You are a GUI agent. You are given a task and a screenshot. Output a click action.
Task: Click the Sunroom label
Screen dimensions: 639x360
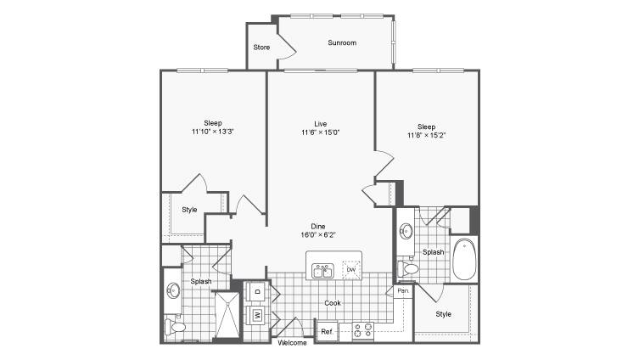coord(342,42)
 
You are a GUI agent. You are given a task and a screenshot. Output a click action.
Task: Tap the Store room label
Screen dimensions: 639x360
coord(261,48)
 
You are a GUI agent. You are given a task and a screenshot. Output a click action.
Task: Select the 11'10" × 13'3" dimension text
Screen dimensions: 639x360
coord(212,132)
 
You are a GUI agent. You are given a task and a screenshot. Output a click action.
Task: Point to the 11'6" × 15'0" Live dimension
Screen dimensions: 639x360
coord(321,132)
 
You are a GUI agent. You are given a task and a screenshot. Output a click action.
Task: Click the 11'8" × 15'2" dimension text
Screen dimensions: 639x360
coord(426,135)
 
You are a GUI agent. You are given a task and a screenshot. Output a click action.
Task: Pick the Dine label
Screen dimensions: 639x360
coord(318,227)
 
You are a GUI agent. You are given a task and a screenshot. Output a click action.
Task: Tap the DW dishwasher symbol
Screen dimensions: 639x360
coord(351,270)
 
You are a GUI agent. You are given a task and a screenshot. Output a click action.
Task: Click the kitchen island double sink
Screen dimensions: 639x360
coord(322,271)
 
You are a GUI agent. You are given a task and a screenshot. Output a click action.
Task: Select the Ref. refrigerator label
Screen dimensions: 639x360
coord(328,332)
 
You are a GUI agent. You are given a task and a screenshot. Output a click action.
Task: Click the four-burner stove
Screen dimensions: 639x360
coord(363,330)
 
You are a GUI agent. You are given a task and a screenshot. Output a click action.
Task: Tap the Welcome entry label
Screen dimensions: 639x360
coord(292,343)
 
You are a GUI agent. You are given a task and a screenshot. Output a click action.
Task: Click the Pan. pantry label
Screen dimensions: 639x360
coord(403,291)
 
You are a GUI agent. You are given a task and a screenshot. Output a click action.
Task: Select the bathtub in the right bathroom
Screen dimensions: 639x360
coord(464,259)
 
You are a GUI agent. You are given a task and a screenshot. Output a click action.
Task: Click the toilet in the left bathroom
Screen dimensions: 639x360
coord(175,327)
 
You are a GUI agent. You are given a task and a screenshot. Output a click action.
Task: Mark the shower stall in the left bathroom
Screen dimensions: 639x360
coord(227,315)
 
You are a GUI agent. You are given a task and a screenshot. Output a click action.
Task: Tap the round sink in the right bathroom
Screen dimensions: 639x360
coord(406,231)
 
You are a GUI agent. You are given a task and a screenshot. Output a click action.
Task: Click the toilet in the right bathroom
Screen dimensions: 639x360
coord(408,268)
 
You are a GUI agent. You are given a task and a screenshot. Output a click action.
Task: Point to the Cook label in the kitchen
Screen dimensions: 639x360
coord(333,303)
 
